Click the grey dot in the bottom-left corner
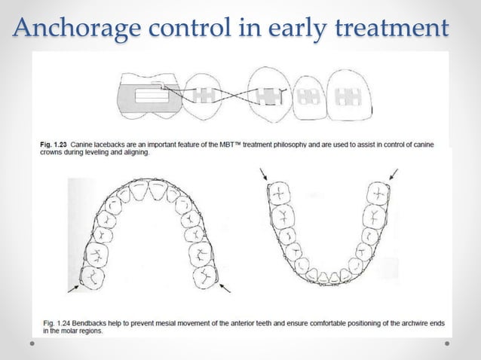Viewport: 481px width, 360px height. tap(33, 343)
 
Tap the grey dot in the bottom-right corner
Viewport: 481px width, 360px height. tap(447, 343)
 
